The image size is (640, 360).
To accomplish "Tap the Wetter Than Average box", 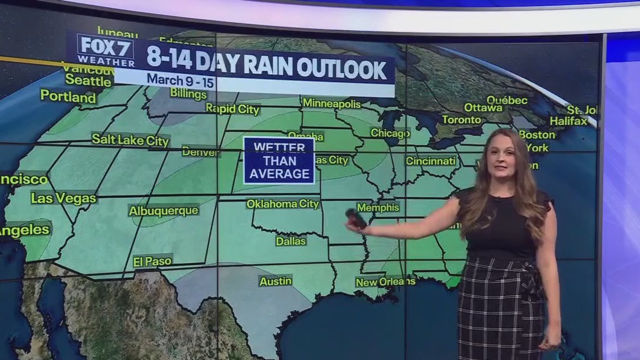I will point(279,160).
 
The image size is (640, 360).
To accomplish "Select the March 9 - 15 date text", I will point(180,78).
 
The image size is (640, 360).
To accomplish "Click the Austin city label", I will point(276,281).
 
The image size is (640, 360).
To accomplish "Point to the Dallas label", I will point(291,241).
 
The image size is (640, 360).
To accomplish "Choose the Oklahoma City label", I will point(283,204).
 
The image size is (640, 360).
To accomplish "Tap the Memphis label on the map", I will point(378,208).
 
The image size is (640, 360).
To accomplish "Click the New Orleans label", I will point(385,282).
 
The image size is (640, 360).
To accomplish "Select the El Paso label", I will point(152,260).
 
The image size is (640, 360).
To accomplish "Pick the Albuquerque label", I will point(164,211).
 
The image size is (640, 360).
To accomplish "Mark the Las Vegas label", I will point(64,198).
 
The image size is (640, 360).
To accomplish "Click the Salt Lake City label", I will point(130,140).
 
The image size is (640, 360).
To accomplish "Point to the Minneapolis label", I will point(331,103).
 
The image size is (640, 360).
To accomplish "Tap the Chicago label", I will point(390,133).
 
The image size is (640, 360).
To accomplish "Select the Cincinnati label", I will point(431,161).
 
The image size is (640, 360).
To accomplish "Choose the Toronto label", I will point(462,119).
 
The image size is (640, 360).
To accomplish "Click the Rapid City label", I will point(233,109).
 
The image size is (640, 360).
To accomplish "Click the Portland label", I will point(68,96).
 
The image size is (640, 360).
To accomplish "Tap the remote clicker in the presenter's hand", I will point(356,218).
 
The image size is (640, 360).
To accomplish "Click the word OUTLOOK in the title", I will point(341,68).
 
